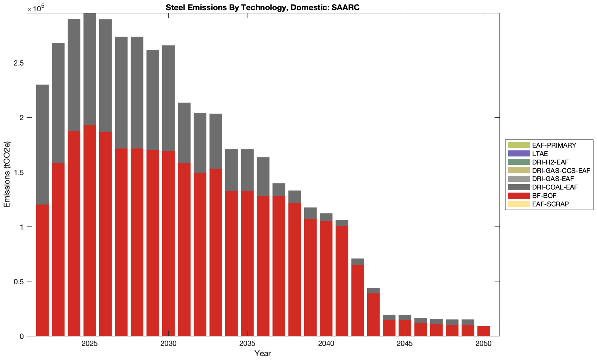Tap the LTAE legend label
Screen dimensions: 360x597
pos(540,154)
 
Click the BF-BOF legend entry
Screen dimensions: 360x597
pos(544,195)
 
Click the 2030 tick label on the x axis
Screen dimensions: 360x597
pos(169,344)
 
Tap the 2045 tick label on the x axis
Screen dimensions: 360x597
pos(405,344)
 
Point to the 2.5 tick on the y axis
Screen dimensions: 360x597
pos(19,63)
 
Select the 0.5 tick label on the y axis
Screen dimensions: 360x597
pos(19,281)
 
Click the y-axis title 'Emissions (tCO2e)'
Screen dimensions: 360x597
pos(7,174)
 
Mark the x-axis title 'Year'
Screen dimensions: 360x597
pos(263,354)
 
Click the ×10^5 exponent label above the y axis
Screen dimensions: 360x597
pos(34,8)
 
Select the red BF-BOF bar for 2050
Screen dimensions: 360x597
pos(483,331)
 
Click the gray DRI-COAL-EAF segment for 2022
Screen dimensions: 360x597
pos(43,144)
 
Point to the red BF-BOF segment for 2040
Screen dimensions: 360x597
pos(326,278)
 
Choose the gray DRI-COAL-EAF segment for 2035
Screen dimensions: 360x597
pos(247,170)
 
